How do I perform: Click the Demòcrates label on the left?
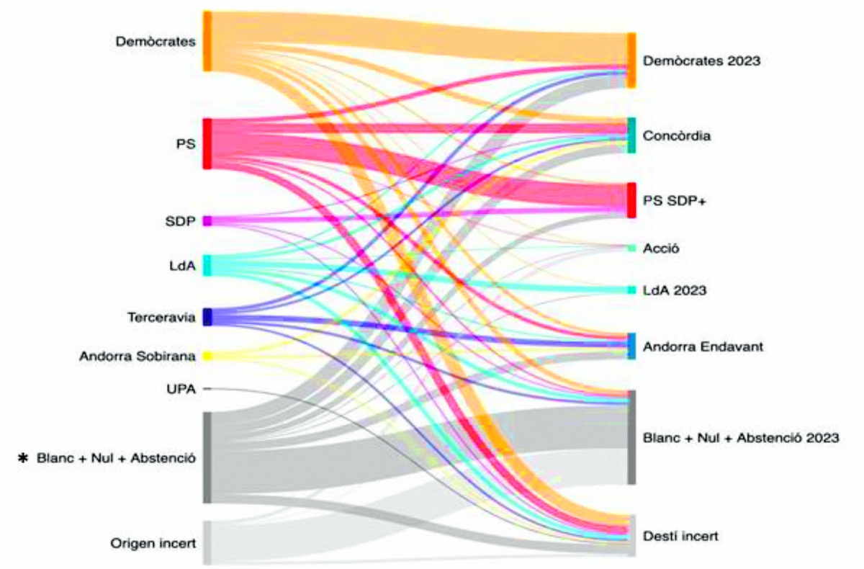coord(156,42)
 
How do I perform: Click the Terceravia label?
coord(161,317)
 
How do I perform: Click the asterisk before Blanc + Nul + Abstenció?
coord(25,458)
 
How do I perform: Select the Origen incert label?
coord(153,543)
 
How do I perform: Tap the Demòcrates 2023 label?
coord(702,61)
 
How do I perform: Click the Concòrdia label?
coord(678,135)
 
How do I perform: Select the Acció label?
coord(662,248)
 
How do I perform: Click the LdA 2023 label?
coord(675,290)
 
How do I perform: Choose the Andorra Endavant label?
coord(703,346)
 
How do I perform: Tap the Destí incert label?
coord(680,536)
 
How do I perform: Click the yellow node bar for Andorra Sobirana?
coord(207,356)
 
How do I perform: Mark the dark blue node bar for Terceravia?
coord(207,317)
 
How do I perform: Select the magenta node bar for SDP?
coord(207,221)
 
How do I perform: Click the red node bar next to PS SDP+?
coord(631,200)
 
